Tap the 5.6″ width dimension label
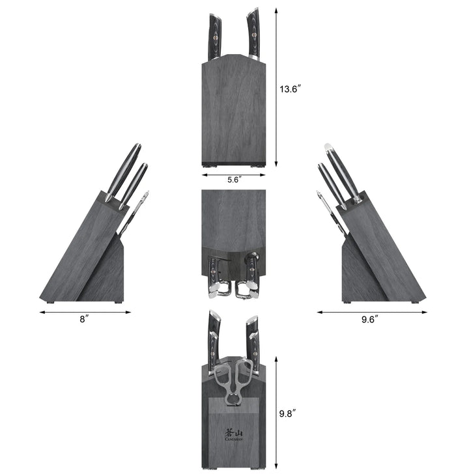(235, 181)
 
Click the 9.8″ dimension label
(287, 412)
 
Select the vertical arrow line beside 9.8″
(276, 412)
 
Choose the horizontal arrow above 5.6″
(235, 174)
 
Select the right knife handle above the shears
(252, 335)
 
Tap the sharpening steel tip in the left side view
(147, 194)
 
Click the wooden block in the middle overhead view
(234, 218)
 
